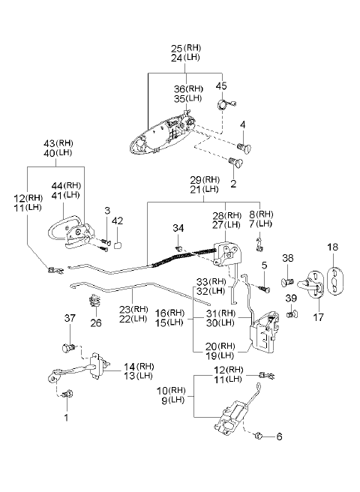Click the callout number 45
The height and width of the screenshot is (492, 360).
[221, 85]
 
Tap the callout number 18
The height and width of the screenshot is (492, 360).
[333, 247]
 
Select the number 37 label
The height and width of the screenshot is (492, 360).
[70, 318]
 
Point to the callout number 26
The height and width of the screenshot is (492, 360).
[96, 322]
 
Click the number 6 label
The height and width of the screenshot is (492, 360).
[279, 436]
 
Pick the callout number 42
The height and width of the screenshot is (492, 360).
[118, 221]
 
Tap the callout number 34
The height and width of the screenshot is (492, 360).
[178, 228]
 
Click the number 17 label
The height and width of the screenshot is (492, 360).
[318, 317]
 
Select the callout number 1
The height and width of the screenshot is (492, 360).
[66, 418]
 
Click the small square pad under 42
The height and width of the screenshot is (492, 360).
[117, 245]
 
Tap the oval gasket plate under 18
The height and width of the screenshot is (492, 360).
[335, 281]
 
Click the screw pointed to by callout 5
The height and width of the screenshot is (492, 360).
[265, 288]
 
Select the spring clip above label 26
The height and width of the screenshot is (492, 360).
[94, 301]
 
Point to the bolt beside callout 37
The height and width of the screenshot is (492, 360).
[69, 348]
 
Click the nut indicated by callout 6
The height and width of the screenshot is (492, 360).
[259, 436]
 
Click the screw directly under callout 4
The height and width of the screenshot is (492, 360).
[244, 147]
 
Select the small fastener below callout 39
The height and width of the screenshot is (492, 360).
[292, 313]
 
